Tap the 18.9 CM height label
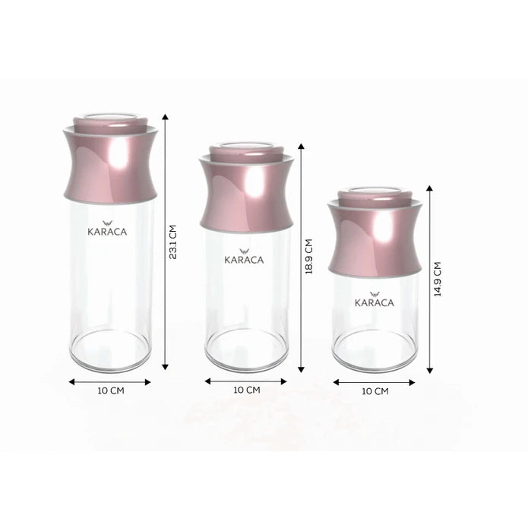click(309, 258)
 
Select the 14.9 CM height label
click(438, 280)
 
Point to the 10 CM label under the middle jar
click(247, 390)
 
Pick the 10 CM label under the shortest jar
click(375, 391)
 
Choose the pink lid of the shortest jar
click(375, 236)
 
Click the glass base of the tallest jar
click(112, 353)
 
